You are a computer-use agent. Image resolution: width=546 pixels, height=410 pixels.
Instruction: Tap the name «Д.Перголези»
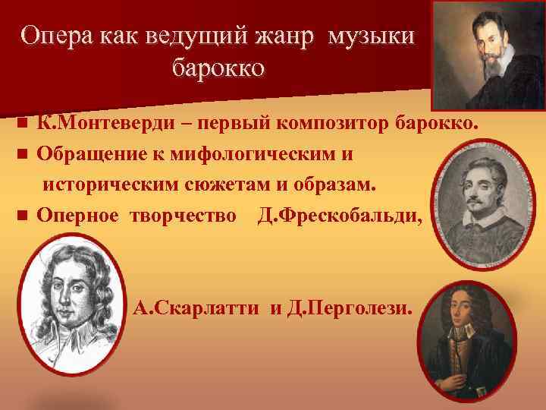pos(348,309)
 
